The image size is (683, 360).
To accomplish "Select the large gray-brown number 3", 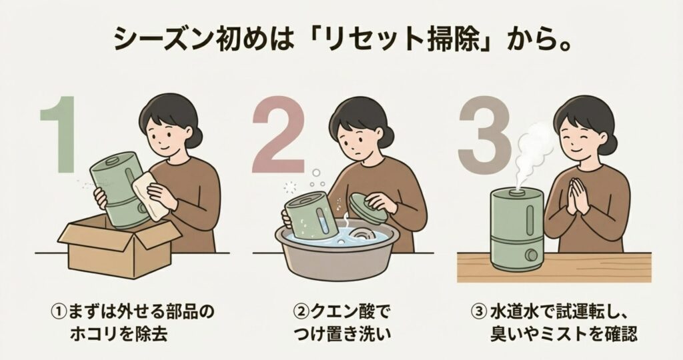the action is click(x=485, y=134).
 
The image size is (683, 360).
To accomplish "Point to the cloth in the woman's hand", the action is click(x=150, y=196).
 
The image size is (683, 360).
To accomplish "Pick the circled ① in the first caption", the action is click(x=59, y=312).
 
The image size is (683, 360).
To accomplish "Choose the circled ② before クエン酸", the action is click(x=301, y=312).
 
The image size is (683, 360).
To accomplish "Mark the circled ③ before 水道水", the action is click(x=479, y=312).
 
